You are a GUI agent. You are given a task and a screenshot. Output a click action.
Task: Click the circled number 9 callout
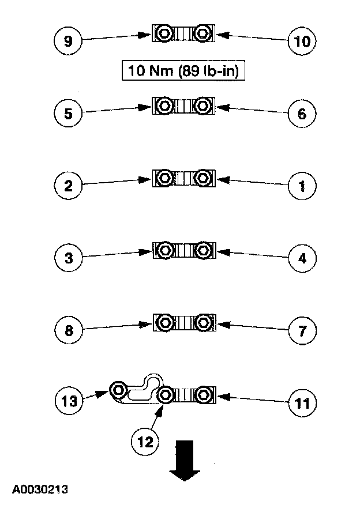pos(69,41)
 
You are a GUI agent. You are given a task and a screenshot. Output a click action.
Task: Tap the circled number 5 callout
pos(69,113)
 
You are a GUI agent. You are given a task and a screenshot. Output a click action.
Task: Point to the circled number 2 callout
pos(69,185)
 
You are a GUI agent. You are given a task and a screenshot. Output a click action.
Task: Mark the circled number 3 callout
pos(69,258)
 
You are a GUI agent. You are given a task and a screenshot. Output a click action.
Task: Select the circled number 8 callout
pos(69,330)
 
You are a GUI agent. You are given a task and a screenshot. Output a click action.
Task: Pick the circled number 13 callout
pos(69,401)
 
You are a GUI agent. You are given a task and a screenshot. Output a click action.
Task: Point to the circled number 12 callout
pos(144,441)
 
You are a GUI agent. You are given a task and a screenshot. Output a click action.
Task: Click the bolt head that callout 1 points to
pos(202,178)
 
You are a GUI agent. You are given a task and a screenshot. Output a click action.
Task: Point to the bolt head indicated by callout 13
pos(119,390)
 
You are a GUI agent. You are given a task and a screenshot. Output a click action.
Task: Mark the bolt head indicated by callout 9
pos(165,34)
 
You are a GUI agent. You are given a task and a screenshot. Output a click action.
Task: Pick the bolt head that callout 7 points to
pos(202,321)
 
